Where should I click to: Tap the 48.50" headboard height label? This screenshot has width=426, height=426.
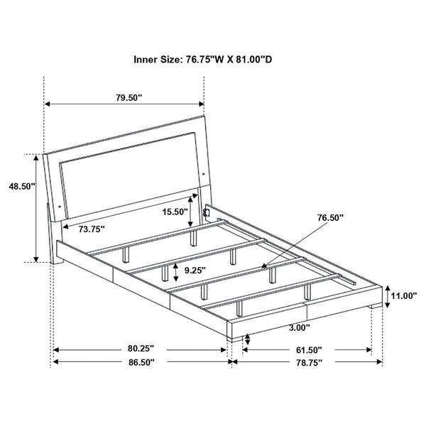18,187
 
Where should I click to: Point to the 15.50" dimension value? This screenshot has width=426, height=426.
174,212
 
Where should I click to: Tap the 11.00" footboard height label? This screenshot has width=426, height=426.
403,295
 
